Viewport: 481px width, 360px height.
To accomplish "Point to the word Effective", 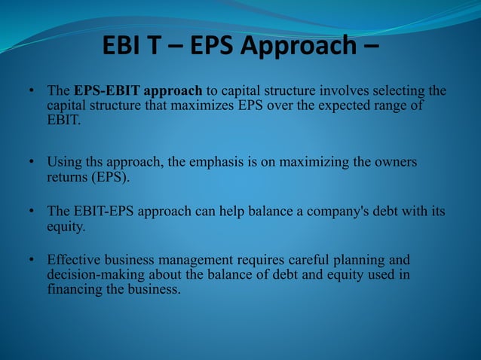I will [75, 260].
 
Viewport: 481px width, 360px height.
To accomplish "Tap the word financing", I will [73, 288].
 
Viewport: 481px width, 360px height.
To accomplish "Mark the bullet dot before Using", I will [32, 162].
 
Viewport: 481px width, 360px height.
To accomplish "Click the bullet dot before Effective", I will [32, 260].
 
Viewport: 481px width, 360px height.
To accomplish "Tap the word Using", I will [63, 162].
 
